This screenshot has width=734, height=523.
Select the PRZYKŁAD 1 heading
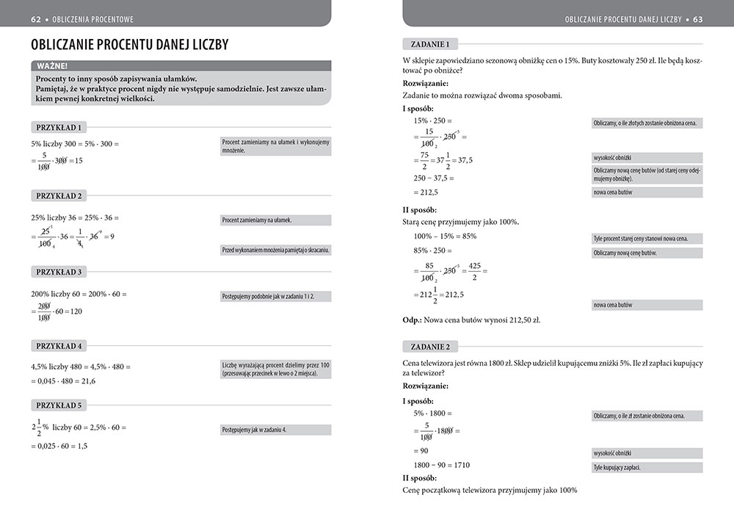pyautogui.click(x=59, y=126)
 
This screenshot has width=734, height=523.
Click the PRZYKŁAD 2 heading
pyautogui.click(x=59, y=195)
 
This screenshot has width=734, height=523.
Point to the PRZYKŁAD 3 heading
pyautogui.click(x=59, y=272)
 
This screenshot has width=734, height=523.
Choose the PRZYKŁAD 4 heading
pyautogui.click(x=59, y=345)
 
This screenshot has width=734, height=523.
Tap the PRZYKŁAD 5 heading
pyautogui.click(x=59, y=405)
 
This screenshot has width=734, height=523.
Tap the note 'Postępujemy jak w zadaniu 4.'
pyautogui.click(x=254, y=430)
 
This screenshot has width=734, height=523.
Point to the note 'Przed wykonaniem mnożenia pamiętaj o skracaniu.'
pyautogui.click(x=275, y=250)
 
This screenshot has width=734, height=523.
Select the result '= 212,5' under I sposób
pyautogui.click(x=426, y=192)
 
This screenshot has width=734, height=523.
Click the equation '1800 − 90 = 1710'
pyautogui.click(x=442, y=465)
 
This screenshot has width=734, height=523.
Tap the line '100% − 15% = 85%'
pyautogui.click(x=446, y=237)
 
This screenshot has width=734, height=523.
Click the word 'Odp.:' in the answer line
pyautogui.click(x=415, y=320)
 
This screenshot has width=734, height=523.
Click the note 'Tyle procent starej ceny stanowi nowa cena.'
pyautogui.click(x=647, y=239)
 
